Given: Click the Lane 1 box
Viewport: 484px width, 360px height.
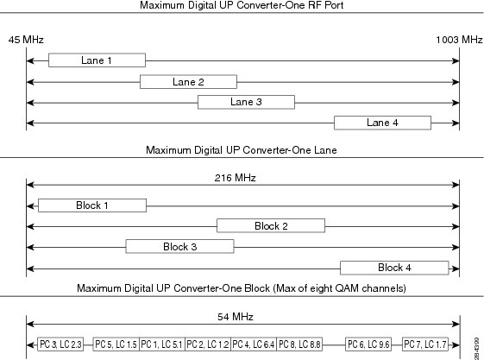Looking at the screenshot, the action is coord(97,60).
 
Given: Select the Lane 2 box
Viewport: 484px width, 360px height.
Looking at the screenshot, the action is coord(188,82).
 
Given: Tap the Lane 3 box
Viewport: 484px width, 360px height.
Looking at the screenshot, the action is coord(247,102).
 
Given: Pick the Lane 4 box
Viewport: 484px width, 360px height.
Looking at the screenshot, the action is coord(382,123).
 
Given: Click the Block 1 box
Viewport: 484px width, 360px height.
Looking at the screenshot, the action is coord(92,205).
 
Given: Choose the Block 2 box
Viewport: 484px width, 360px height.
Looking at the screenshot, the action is coord(271,225).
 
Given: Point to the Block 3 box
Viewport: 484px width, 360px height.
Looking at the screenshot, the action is coord(180,247).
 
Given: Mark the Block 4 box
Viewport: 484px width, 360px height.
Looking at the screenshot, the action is coord(394,268).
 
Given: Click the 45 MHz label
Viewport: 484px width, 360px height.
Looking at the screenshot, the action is coord(26,40).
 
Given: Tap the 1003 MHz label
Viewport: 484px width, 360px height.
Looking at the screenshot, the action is coord(459,40).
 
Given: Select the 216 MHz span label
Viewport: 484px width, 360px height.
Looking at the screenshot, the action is coord(236,178).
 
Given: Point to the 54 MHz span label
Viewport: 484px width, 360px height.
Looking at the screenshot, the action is coord(236,317).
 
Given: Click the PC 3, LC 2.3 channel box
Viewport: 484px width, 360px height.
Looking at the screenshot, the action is coord(60,344).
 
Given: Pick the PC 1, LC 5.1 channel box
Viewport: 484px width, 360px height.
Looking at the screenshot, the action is coord(162,344).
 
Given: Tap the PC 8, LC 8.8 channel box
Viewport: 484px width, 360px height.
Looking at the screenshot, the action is coord(299,344).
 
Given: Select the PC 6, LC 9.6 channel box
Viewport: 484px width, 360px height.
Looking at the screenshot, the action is coord(368,344).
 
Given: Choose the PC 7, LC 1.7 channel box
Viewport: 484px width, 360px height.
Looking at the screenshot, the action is coord(425,344).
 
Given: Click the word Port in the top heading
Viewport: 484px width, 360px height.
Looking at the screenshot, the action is coord(334,5).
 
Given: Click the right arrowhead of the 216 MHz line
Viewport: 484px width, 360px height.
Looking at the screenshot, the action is coord(456,185).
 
